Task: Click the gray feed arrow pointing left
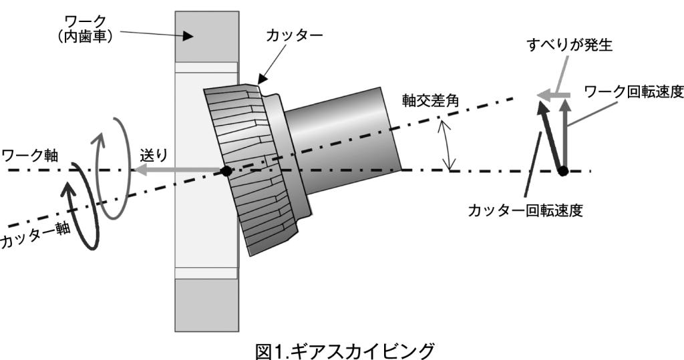coord(174,172)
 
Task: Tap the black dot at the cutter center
coord(226,172)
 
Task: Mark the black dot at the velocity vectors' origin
coord(564,171)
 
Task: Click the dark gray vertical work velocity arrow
coord(564,134)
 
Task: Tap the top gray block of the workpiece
coord(206,35)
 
